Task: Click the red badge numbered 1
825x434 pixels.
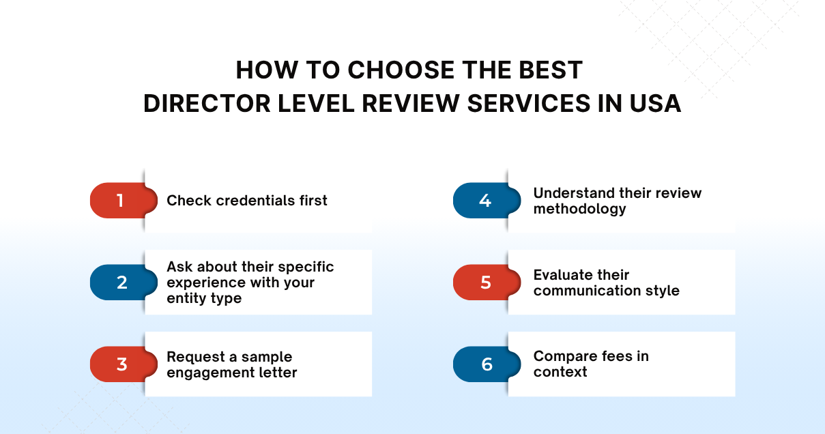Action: (120, 201)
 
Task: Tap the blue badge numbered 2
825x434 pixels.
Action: (121, 283)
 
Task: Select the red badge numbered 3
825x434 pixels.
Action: (121, 364)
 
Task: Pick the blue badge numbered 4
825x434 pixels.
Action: (485, 201)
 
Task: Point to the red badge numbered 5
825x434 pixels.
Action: (485, 283)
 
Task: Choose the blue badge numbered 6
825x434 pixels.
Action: (486, 364)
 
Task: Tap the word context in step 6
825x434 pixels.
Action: (560, 372)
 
